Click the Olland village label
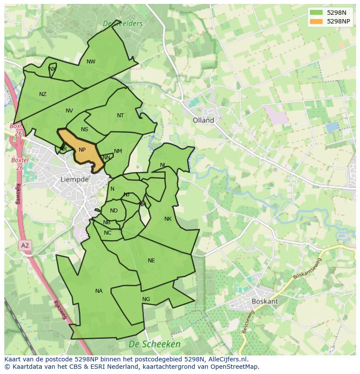point(203,120)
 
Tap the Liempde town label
point(74,179)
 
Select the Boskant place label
point(265,301)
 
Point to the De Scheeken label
point(154,344)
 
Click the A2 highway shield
point(25,245)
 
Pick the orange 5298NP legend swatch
point(317,21)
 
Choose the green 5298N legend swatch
point(317,13)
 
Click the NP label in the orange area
point(82,150)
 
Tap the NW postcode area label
point(91,62)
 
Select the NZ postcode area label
point(43,94)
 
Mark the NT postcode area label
point(120,116)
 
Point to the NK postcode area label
point(168,219)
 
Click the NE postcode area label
point(151,261)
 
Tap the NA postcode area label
point(99,291)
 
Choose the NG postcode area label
point(146,299)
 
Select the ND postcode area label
point(113,211)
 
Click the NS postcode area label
point(84,129)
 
